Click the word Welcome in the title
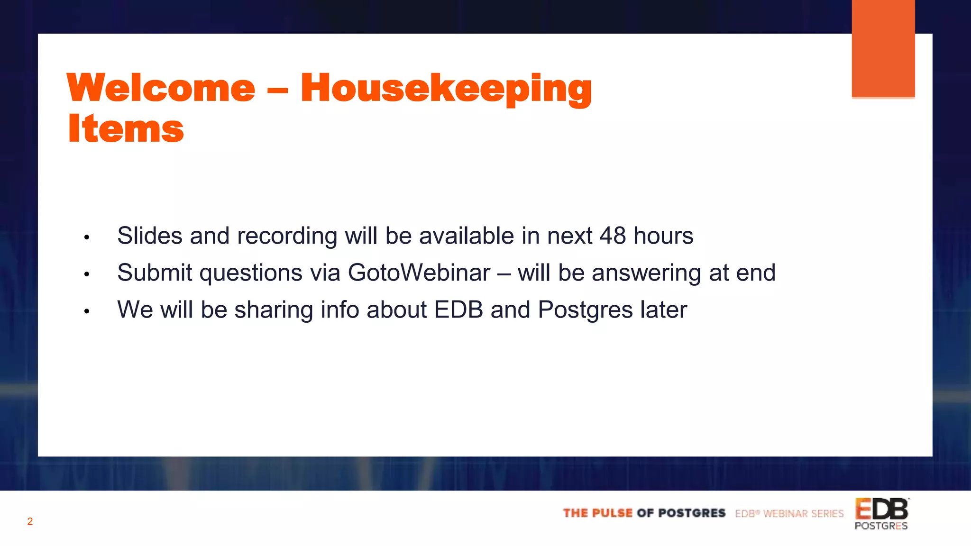pos(161,88)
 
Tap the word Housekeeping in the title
pos(446,89)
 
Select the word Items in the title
pos(126,129)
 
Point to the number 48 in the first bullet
pos(613,236)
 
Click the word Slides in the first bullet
pos(150,236)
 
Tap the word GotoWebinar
pos(419,273)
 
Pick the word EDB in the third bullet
pos(458,309)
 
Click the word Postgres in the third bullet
pos(585,310)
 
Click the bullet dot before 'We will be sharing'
pos(87,311)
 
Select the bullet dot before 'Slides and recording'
pos(87,237)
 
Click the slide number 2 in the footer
pos(30,521)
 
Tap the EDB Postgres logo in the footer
pos(881,514)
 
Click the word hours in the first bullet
pos(663,236)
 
